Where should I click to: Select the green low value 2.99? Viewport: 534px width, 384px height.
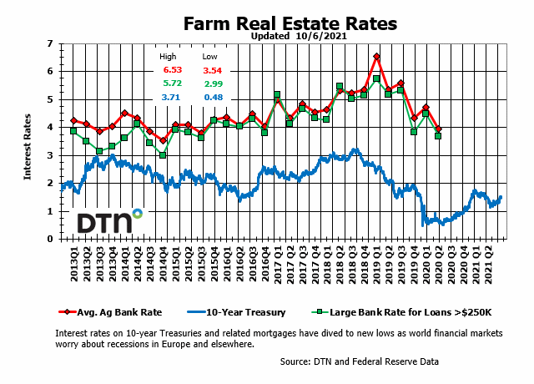[x=212, y=84]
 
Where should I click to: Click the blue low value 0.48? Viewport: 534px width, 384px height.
[x=212, y=98]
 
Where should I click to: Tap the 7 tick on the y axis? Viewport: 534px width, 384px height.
[x=52, y=43]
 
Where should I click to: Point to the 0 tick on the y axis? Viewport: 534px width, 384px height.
[x=52, y=239]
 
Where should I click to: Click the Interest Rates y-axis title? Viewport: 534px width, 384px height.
[x=27, y=141]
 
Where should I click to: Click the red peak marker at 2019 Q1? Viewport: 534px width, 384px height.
[x=376, y=57]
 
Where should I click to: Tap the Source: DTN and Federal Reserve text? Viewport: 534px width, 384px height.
[x=360, y=361]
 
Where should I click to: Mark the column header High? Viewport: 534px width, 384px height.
[x=169, y=57]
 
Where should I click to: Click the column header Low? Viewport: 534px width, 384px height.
[x=209, y=57]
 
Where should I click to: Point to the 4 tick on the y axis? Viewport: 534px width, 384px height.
[x=52, y=127]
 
